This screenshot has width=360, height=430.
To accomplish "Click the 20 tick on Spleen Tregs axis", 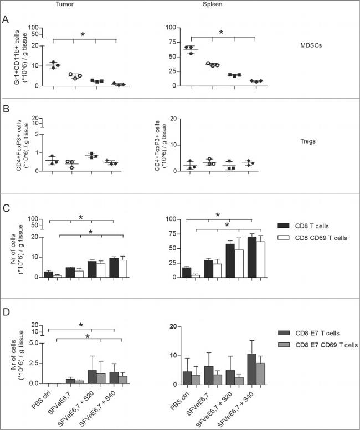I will tap(172, 119).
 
